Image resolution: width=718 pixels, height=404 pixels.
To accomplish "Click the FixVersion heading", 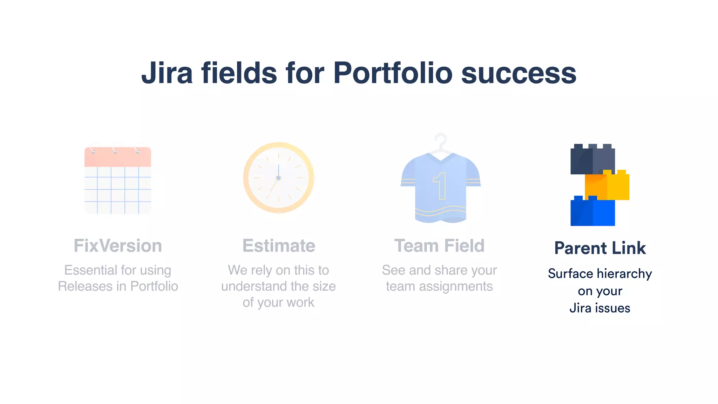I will (x=118, y=245).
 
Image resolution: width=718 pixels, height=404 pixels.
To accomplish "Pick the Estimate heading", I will (x=279, y=245).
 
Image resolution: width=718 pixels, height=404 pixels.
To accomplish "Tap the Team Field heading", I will (x=439, y=245).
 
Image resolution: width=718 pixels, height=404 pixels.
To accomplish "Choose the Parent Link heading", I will (x=600, y=248).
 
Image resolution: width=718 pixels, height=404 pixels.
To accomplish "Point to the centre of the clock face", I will (x=278, y=178).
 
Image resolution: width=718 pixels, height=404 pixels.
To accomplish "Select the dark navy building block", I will (x=592, y=160).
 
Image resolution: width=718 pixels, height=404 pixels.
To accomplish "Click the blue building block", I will (x=592, y=212).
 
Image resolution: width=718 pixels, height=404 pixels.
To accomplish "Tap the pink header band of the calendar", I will (x=118, y=157).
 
